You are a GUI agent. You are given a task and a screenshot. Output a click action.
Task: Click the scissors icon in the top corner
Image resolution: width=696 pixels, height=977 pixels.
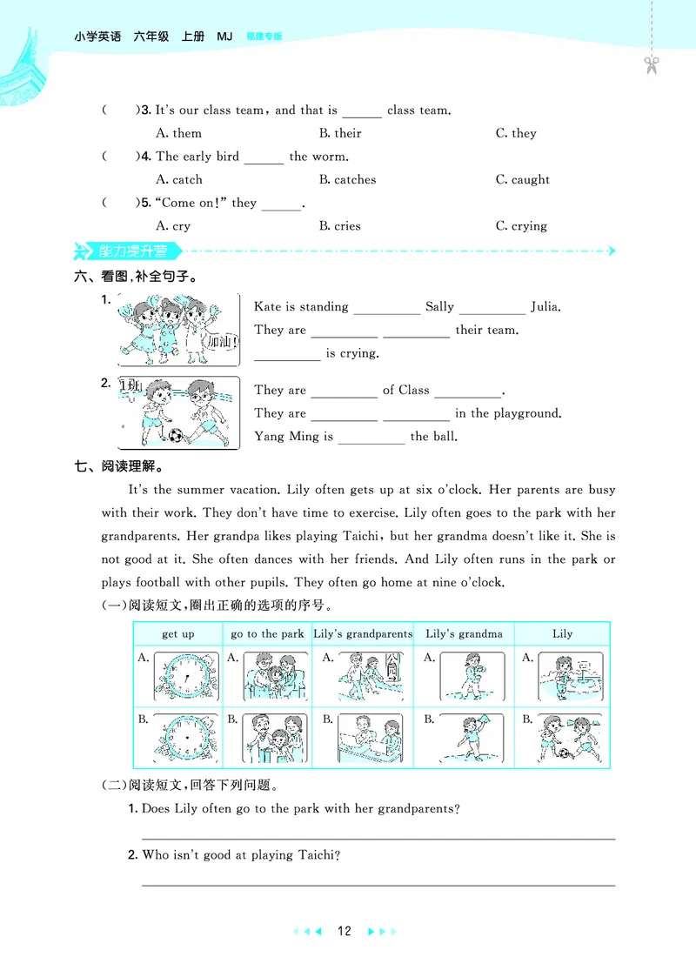pos(651,64)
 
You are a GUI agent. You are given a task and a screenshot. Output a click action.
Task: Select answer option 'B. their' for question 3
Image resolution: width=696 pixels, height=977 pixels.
pos(340,133)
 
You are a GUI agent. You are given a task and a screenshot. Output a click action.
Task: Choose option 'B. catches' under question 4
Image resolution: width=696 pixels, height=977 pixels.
pos(348,180)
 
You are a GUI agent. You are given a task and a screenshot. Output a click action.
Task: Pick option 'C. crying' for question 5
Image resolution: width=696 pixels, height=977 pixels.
pos(522,226)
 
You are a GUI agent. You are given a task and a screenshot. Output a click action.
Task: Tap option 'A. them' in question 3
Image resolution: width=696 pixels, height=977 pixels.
pos(178,133)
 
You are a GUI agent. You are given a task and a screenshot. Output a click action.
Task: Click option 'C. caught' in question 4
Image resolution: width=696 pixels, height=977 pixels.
pos(523,180)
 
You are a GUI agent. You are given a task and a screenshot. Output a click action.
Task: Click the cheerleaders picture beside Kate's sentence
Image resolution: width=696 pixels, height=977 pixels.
pos(177,330)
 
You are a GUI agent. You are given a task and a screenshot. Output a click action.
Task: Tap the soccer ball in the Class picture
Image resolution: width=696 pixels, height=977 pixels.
pos(176,435)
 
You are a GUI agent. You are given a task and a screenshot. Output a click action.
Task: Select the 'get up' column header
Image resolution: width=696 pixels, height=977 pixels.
pos(178,634)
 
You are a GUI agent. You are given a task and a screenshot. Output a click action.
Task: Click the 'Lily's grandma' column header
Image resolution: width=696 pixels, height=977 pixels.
pos(464,634)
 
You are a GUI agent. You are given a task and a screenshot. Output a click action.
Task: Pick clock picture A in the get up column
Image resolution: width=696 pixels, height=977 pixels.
pos(186,677)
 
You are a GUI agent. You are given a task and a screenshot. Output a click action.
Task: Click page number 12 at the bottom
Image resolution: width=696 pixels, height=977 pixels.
pos(344,931)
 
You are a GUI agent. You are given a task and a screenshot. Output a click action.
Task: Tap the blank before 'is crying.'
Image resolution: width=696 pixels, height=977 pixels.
pos(287,355)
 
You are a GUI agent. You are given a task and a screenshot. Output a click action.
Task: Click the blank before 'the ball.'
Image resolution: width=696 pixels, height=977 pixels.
pos(371,438)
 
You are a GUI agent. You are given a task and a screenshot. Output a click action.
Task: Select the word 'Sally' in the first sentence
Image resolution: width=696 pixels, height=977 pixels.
pos(439,306)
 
